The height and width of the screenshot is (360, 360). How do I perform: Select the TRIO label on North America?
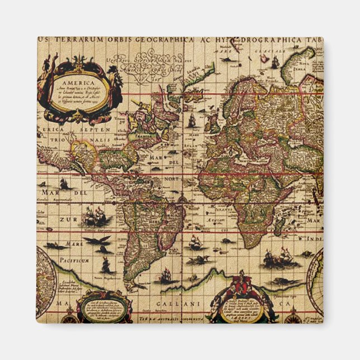(x=56, y=139)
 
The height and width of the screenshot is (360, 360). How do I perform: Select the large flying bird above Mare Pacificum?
(x=96, y=241)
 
